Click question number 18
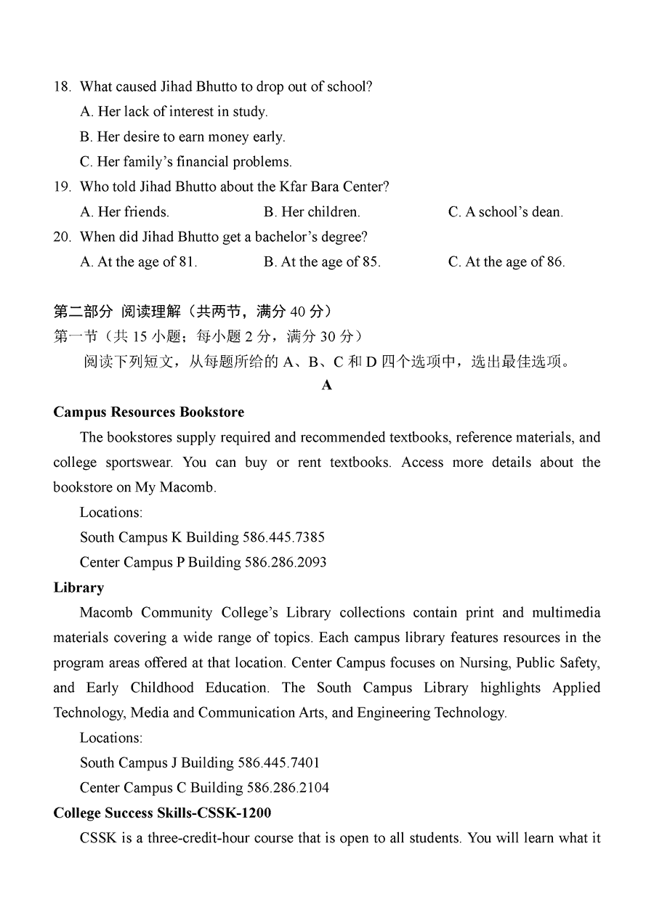[62, 87]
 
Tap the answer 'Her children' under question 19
[312, 212]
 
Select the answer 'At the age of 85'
[322, 262]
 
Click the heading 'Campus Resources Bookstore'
[149, 412]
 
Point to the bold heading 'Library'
[78, 587]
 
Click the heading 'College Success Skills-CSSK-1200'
[162, 813]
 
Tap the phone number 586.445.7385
[284, 537]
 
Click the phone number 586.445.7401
[279, 763]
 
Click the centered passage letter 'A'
[327, 386]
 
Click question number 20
[62, 237]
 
